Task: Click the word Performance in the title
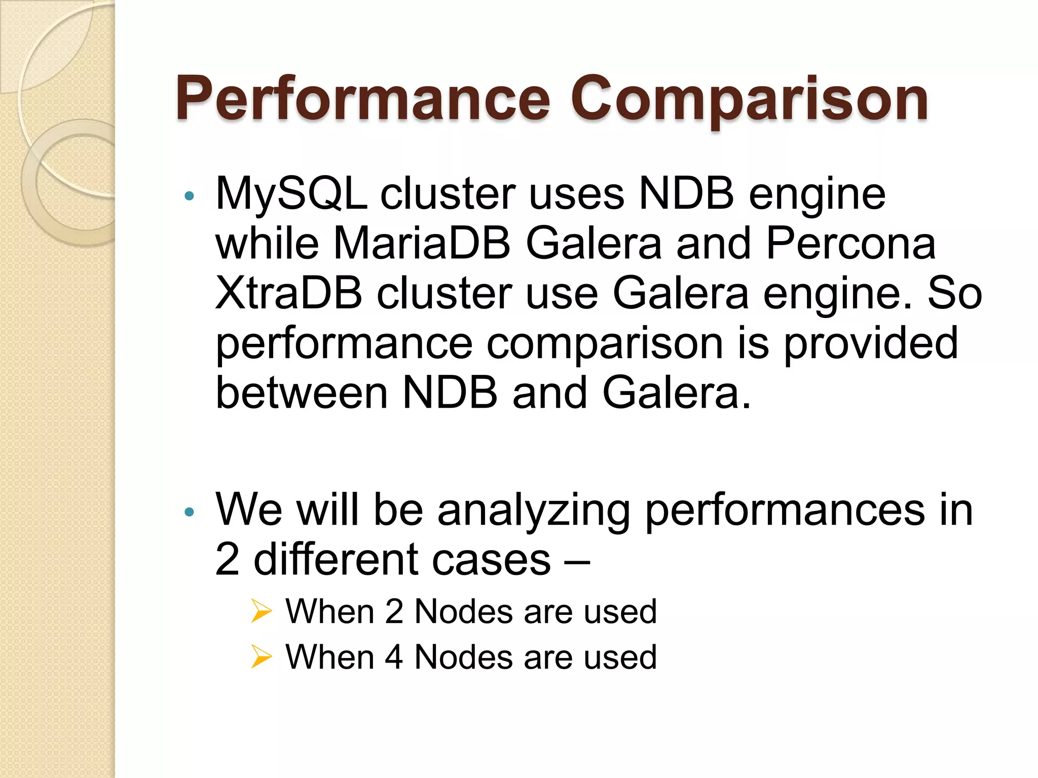pyautogui.click(x=363, y=99)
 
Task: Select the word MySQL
pyautogui.click(x=291, y=194)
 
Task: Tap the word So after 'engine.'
pyautogui.click(x=955, y=293)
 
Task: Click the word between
pyautogui.click(x=302, y=393)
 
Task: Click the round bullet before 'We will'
pyautogui.click(x=190, y=513)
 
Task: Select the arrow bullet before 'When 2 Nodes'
pyautogui.click(x=262, y=611)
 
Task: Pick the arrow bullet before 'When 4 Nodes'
pyautogui.click(x=262, y=657)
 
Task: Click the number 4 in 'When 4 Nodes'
pyautogui.click(x=394, y=657)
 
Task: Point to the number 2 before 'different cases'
pyautogui.click(x=227, y=560)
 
